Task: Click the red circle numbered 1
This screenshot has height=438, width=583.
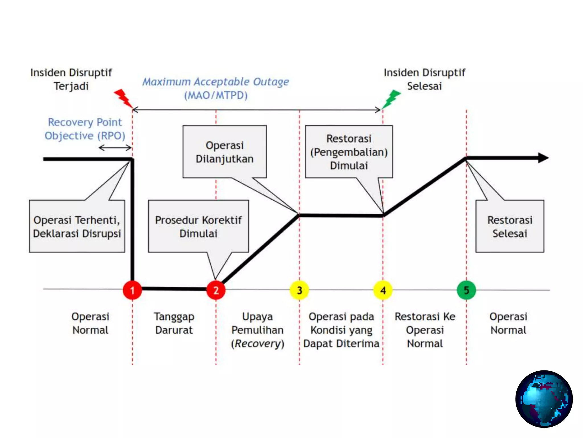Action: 132,290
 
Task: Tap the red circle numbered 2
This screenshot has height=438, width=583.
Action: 216,290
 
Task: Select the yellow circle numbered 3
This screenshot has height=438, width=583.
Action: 299,290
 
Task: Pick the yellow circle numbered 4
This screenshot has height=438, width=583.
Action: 383,290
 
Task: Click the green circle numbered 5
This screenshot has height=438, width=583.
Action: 466,290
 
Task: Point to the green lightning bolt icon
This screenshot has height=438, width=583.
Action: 392,99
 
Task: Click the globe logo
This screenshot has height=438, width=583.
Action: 544,399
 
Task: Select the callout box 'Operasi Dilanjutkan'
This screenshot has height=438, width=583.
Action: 225,152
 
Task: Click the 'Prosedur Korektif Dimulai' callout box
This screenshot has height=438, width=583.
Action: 198,226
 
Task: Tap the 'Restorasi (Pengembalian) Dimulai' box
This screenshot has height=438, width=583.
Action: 349,152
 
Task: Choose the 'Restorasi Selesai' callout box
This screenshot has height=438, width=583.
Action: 510,226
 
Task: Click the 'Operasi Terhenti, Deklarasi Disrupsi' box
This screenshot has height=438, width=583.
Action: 77,226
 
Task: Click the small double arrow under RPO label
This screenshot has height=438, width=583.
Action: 115,148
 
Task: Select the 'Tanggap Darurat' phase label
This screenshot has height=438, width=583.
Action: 174,323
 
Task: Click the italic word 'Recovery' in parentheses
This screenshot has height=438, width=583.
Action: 258,344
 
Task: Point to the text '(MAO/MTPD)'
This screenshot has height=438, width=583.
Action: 216,95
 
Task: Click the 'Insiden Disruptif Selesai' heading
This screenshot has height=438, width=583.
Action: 424,79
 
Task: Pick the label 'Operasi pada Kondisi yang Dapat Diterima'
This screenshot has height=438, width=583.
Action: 341,330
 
